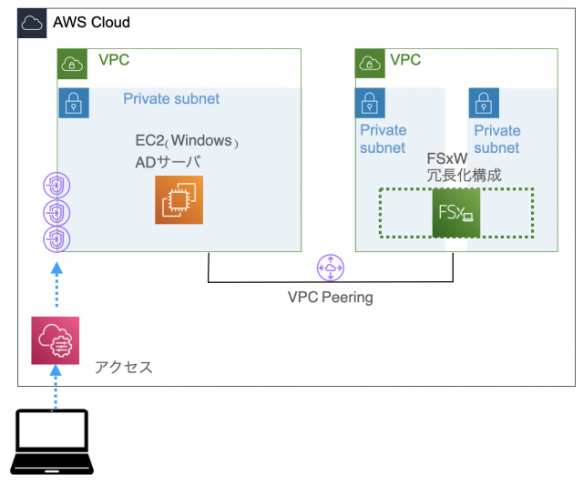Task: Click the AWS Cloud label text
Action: [x=91, y=22]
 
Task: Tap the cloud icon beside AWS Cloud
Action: [x=33, y=23]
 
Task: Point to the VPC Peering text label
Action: [x=330, y=297]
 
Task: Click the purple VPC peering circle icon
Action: [x=329, y=268]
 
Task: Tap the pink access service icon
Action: [x=56, y=340]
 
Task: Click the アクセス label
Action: [x=124, y=368]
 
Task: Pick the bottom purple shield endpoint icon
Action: [x=56, y=239]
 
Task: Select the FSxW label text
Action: [x=447, y=157]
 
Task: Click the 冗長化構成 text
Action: [x=464, y=175]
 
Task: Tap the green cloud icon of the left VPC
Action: [x=73, y=63]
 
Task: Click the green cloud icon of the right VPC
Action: [x=370, y=63]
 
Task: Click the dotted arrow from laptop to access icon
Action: [x=56, y=386]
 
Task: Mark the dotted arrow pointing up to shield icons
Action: [x=56, y=287]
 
